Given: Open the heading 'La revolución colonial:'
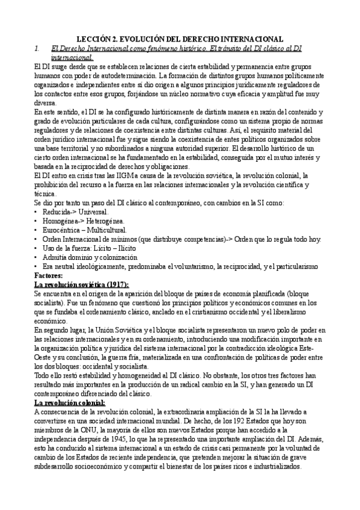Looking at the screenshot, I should [x=70, y=385].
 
